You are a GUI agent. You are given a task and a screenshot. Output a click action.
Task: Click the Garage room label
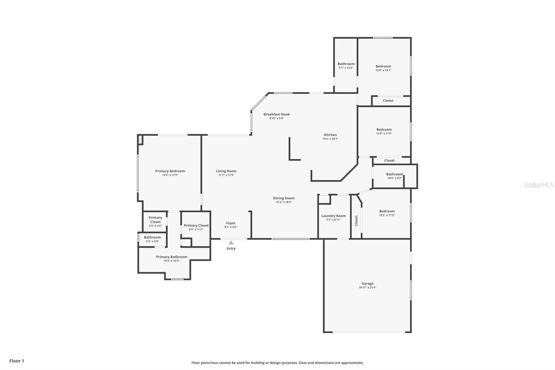coord(367,284)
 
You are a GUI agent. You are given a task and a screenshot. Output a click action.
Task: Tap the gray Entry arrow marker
coord(231,242)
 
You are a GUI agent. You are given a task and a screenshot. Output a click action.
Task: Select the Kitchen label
coord(330,135)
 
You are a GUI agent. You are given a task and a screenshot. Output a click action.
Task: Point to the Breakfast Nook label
coord(276,114)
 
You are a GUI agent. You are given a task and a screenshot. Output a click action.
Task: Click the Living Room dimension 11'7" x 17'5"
coord(226,175)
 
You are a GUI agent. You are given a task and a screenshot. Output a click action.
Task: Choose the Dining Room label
coord(284,198)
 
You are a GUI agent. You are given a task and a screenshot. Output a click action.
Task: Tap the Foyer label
coord(231,223)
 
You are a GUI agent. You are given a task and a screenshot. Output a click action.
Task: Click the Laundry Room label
coord(333,216)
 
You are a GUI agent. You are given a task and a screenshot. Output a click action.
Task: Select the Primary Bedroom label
coord(170,171)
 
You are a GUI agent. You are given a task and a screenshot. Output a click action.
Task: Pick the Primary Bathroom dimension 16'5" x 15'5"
coord(172,261)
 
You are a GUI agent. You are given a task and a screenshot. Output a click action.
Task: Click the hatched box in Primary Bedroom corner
coord(140,140)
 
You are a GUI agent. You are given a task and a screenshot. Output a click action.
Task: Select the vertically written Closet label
coord(356,220)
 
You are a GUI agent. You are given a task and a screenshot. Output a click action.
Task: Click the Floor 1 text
coord(17,361)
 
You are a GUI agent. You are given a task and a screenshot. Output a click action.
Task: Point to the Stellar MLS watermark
coord(538,185)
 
